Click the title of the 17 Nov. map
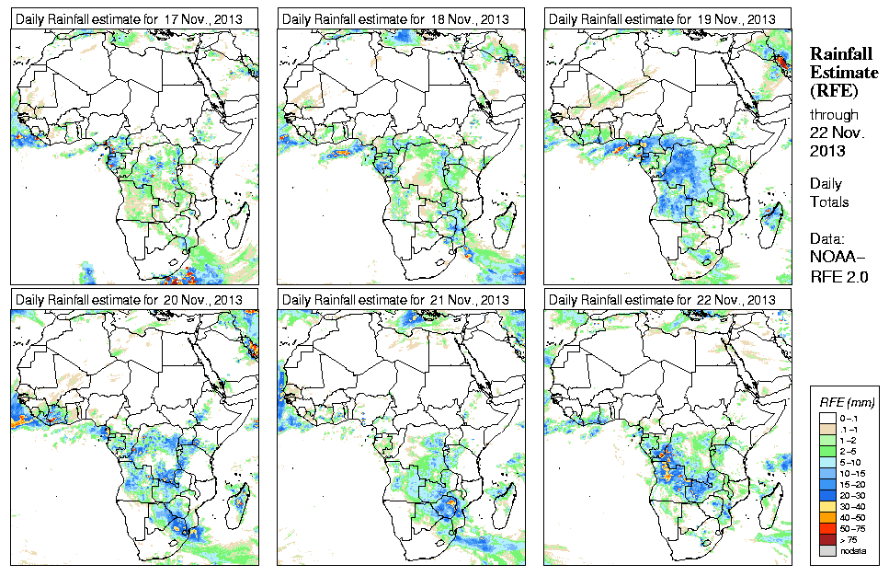[128, 18]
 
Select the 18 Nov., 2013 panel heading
[395, 18]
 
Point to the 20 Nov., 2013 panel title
[128, 300]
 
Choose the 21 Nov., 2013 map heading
[395, 300]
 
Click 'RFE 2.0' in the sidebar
[839, 274]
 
